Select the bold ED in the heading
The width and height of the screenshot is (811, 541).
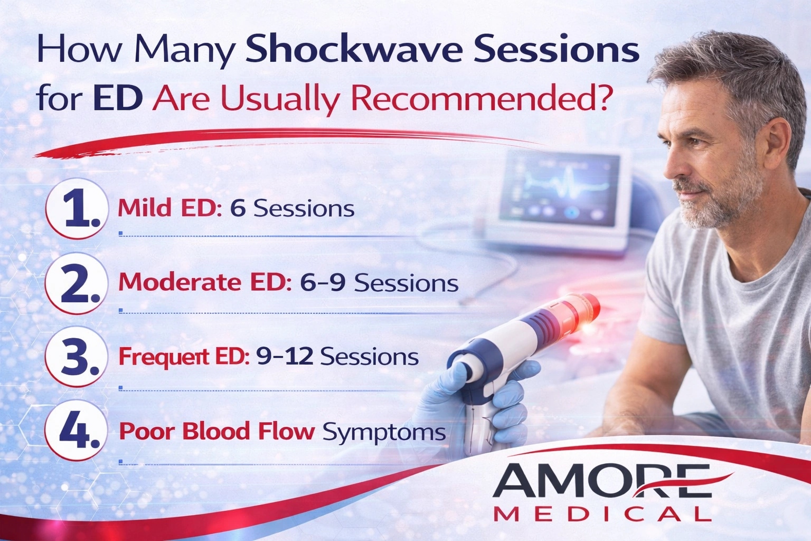(x=117, y=98)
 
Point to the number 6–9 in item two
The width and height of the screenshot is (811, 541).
(x=323, y=283)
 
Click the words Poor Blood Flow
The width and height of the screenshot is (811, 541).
(x=216, y=431)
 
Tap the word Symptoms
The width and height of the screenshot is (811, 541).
(x=384, y=432)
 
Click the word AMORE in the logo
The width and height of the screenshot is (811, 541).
(x=602, y=481)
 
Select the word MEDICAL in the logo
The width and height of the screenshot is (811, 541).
(x=602, y=514)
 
